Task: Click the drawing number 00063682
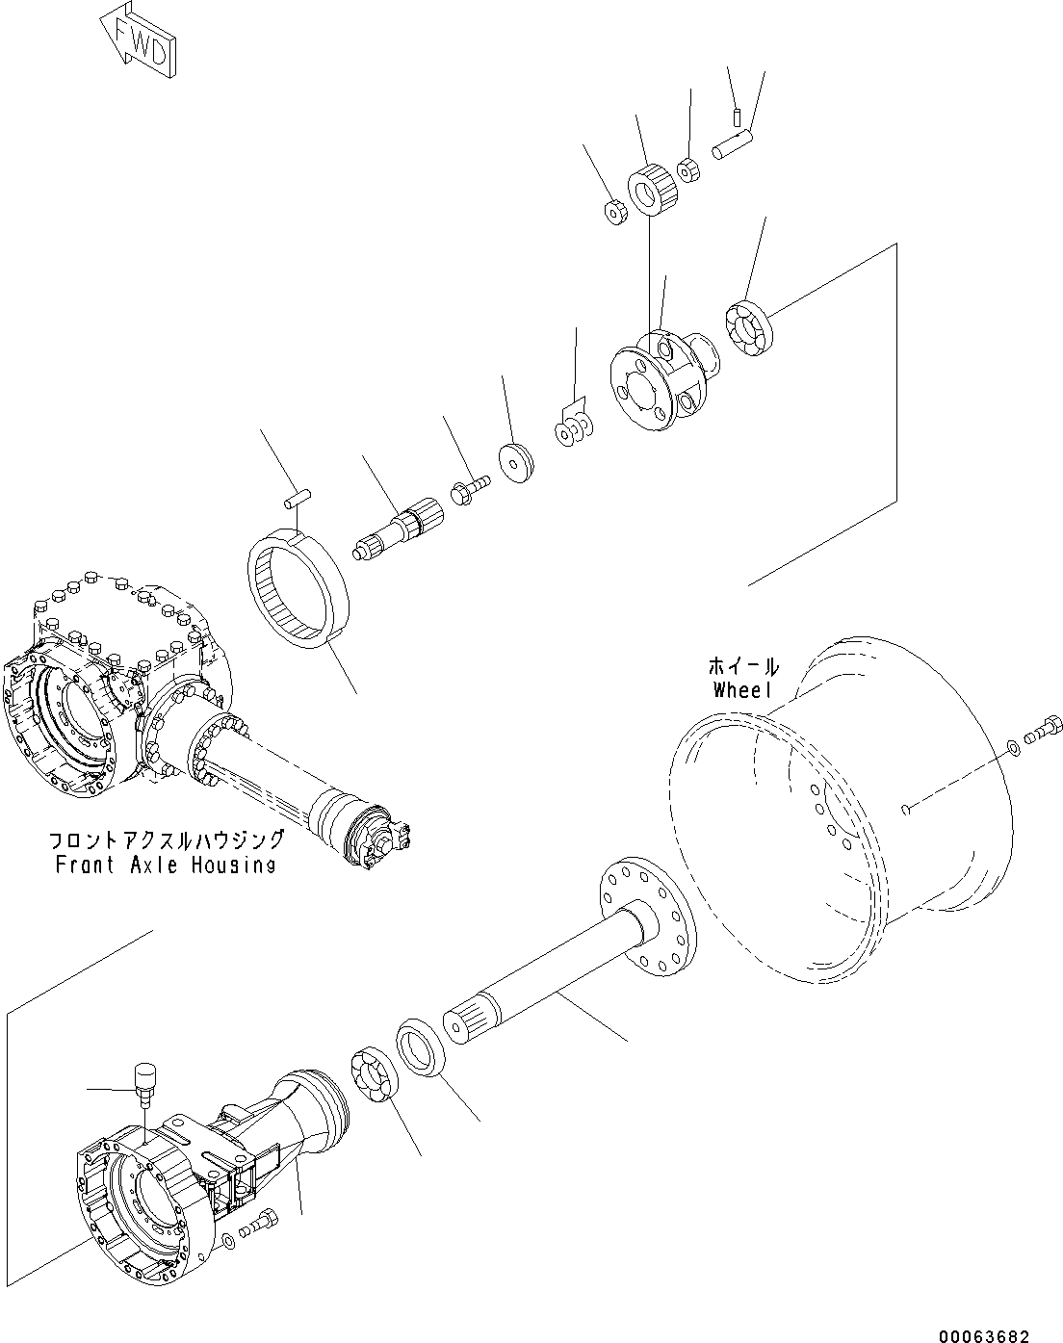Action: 983,1335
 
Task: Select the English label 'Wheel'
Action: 743,689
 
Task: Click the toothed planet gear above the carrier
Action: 654,190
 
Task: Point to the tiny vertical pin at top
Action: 735,118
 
